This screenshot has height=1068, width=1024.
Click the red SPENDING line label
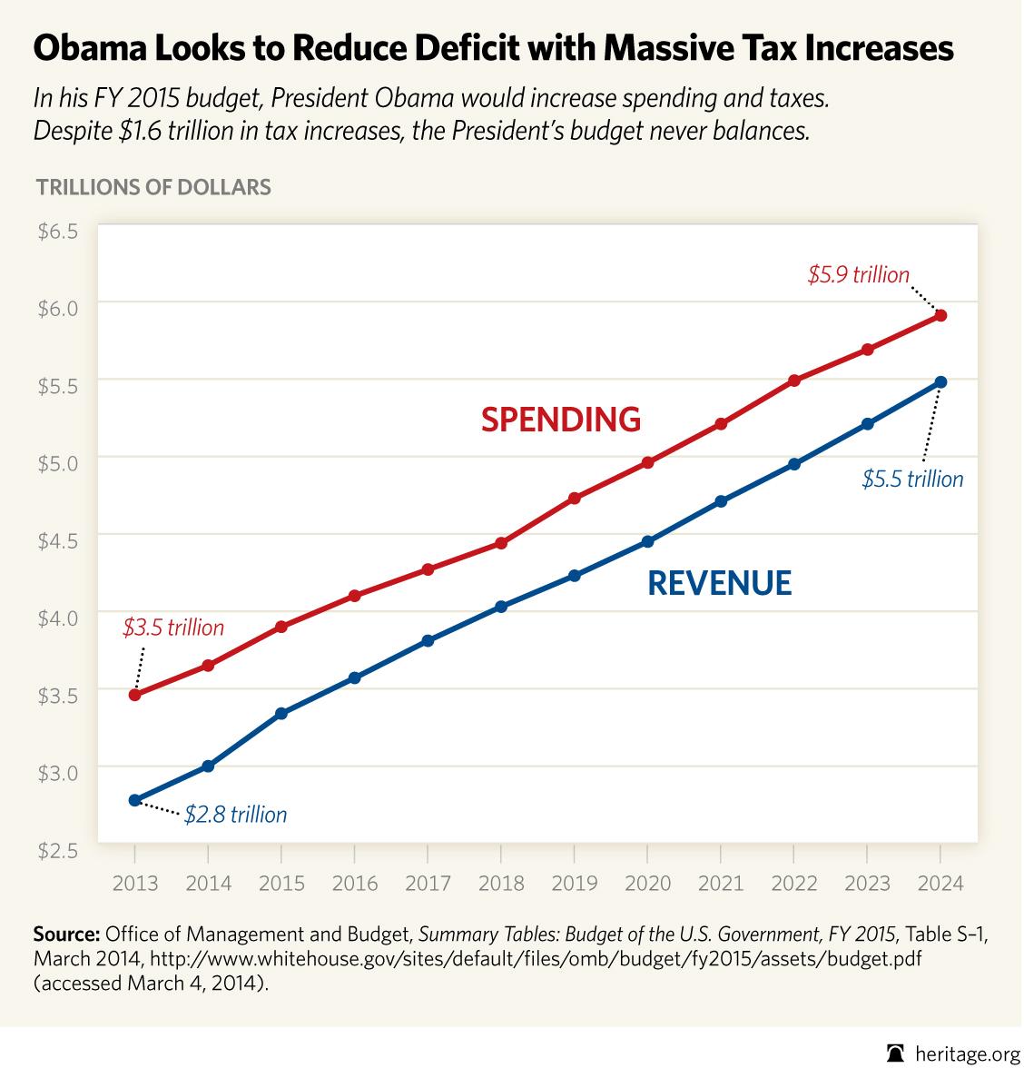560,420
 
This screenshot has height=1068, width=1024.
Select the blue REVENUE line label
719,583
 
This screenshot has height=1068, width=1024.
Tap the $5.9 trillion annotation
858,274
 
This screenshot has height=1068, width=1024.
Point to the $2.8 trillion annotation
235,815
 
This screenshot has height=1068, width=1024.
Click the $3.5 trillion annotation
172,628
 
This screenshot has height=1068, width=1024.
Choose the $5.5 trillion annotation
912,480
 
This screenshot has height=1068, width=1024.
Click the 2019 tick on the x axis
574,883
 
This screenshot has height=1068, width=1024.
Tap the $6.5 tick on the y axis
58,232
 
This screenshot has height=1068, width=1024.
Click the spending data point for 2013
135,695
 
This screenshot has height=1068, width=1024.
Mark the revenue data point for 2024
940,382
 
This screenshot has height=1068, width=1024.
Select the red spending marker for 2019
574,498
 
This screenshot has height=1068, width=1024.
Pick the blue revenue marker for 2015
281,714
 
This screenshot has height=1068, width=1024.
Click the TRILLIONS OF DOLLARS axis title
153,188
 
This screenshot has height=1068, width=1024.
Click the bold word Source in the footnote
66,934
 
